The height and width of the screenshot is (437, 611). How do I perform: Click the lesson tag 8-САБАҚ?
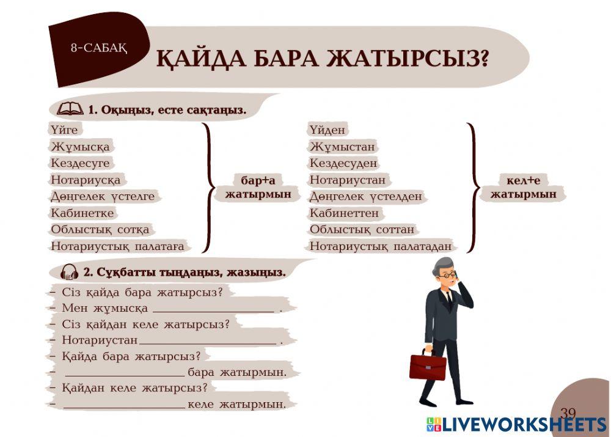click(98, 48)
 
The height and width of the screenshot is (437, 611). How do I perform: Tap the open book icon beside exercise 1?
click(70, 109)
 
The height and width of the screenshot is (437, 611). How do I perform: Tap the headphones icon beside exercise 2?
click(69, 272)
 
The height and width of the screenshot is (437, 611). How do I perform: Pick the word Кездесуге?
click(80, 163)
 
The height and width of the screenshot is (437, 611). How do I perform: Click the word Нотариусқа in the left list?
click(86, 180)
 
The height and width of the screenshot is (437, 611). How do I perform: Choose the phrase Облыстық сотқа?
click(100, 230)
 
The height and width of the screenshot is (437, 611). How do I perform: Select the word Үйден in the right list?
click(327, 130)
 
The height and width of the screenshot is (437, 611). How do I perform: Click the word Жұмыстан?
click(342, 147)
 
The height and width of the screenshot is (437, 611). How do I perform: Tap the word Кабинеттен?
click(344, 213)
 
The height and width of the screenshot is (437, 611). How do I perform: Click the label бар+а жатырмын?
click(258, 188)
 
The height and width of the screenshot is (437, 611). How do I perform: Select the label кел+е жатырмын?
click(524, 187)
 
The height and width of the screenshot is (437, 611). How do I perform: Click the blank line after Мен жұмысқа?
click(213, 309)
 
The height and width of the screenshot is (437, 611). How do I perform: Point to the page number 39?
click(568, 413)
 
